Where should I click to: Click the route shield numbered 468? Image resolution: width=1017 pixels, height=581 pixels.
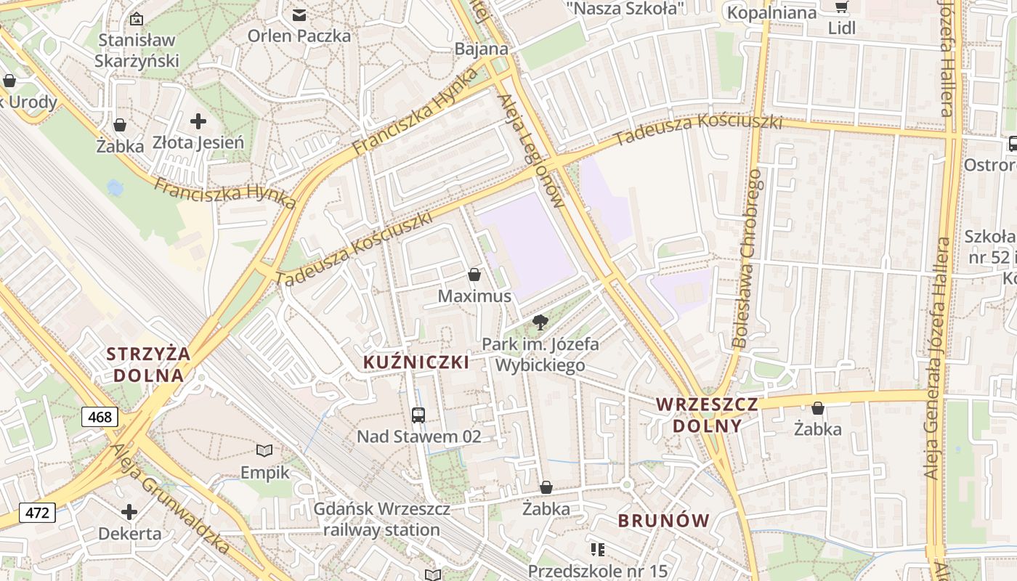click(x=100, y=417)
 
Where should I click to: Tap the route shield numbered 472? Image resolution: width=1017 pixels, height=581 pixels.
click(x=37, y=513)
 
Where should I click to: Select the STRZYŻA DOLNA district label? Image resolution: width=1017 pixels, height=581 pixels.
click(x=148, y=365)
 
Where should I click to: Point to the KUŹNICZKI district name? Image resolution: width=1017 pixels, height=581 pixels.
click(x=416, y=362)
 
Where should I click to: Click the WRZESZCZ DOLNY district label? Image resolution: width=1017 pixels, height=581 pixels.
click(x=707, y=415)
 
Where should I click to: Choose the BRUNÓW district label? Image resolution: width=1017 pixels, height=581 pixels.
click(x=663, y=520)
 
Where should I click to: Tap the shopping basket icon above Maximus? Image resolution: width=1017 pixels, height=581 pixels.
click(x=474, y=275)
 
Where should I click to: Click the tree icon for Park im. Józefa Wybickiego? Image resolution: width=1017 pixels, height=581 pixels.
click(x=540, y=322)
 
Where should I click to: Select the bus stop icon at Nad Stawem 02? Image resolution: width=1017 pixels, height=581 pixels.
click(x=418, y=415)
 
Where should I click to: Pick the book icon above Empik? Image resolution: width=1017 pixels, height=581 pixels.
click(x=265, y=451)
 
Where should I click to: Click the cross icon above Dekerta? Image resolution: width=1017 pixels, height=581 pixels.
click(x=129, y=512)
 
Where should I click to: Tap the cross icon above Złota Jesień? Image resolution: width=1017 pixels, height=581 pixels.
click(x=198, y=121)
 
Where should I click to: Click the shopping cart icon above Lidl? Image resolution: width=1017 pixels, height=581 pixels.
click(x=841, y=7)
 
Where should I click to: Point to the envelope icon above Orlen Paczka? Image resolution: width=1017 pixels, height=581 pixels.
click(x=299, y=15)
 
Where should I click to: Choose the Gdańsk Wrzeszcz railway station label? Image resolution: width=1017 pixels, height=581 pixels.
click(x=381, y=519)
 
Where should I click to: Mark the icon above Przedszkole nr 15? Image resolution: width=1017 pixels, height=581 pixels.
click(x=598, y=550)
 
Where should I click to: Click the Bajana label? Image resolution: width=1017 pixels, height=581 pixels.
click(x=481, y=49)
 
